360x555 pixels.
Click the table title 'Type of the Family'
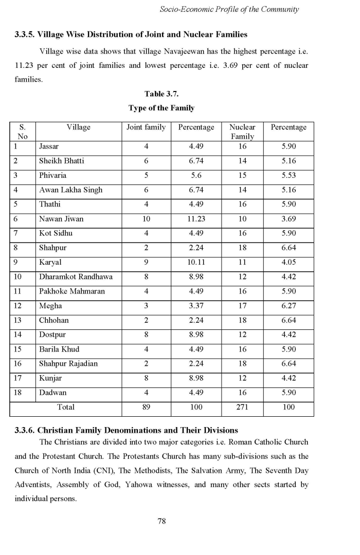pyautogui.click(x=161, y=108)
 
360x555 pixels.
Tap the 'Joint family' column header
pyautogui.click(x=146, y=127)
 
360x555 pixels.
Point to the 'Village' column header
pyautogui.click(x=78, y=127)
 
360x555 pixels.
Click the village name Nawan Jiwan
pyautogui.click(x=61, y=219)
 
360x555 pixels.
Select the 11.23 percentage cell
pyautogui.click(x=196, y=219)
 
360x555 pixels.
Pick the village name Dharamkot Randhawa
pyautogui.click(x=76, y=277)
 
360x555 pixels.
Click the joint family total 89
pyautogui.click(x=146, y=408)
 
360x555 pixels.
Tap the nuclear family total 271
pyautogui.click(x=242, y=408)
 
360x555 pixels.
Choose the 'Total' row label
pyautogui.click(x=65, y=408)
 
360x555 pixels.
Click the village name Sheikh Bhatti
pyautogui.click(x=62, y=161)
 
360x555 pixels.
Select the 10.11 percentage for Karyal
pyautogui.click(x=196, y=263)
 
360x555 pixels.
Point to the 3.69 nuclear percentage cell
pyautogui.click(x=289, y=219)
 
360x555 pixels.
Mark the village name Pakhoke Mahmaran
pyautogui.click(x=72, y=291)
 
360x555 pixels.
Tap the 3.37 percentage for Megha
pyautogui.click(x=196, y=306)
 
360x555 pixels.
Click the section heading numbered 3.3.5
pyautogui.click(x=131, y=35)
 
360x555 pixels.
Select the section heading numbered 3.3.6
pyautogui.click(x=127, y=430)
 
